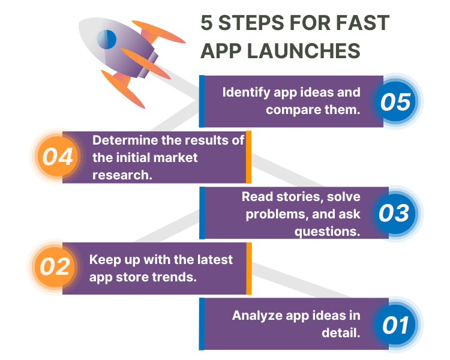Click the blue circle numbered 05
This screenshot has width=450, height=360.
click(395, 101)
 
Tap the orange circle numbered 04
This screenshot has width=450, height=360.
click(58, 156)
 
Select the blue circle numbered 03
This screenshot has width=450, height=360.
click(395, 213)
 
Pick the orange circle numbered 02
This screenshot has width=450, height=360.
click(55, 267)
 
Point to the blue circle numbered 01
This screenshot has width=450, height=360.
click(395, 325)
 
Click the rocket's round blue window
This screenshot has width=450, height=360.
click(106, 40)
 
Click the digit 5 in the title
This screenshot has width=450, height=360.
click(206, 23)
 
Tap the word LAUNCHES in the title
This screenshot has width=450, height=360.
click(304, 51)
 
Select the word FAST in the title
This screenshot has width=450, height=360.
click(363, 23)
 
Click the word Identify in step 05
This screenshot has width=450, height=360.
click(246, 93)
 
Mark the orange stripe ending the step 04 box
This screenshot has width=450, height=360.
click(248, 157)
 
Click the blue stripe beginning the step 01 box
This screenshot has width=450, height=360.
click(202, 324)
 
